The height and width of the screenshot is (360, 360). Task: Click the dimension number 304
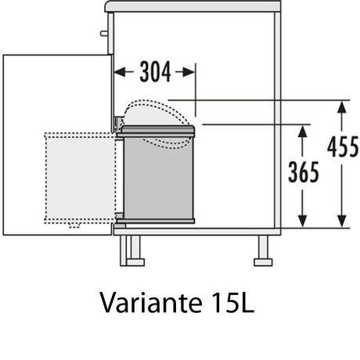click(155, 72)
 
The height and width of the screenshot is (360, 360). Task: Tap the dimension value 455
click(343, 147)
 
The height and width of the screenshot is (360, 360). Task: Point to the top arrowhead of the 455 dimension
click(342, 106)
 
